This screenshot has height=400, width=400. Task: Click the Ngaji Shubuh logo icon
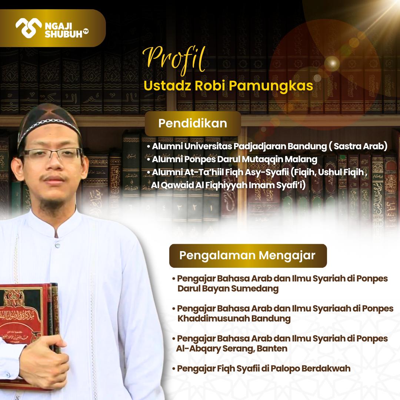coord(28,28)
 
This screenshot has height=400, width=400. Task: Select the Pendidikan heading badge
coord(193,123)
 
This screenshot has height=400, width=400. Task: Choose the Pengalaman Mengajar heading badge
coord(247,256)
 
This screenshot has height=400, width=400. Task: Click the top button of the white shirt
coord(57,245)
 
